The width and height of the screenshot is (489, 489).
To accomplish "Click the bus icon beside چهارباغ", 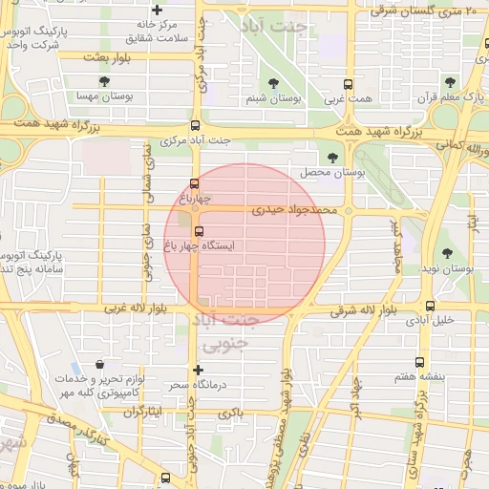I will coord(195,183).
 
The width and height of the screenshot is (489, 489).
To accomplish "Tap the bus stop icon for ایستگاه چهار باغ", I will coord(199,231).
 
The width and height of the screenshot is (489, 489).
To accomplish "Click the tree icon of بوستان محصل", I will coord(332,158).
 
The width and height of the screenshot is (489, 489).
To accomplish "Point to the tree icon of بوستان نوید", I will coord(448,253).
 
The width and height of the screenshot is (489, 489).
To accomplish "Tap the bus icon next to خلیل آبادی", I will coord(430,307).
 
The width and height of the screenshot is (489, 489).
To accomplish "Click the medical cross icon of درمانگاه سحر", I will coord(198,370).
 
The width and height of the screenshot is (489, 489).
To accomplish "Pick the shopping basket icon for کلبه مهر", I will coord(100,364).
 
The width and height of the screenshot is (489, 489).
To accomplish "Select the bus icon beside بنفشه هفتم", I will coord(421,362).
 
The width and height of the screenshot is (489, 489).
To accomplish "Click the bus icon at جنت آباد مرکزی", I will coord(195,125).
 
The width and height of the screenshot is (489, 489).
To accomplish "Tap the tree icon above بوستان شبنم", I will coord(274,83).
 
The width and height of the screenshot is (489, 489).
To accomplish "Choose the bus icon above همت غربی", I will coord(347,83).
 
